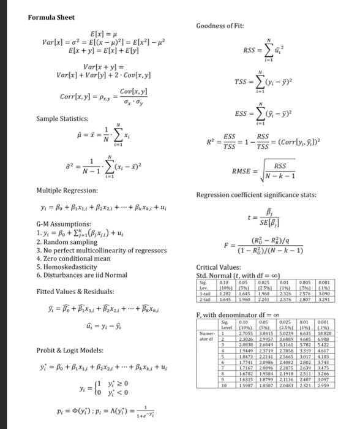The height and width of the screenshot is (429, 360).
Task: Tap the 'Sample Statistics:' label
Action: tap(61, 118)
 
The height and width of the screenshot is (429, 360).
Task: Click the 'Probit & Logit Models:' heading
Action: tap(67, 350)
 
